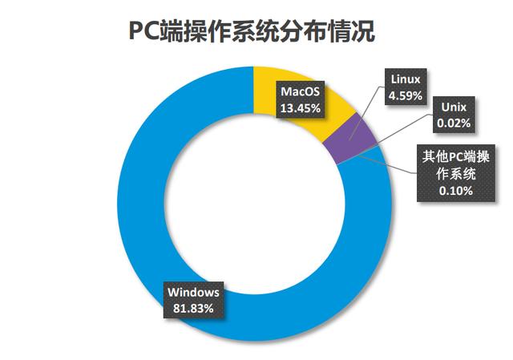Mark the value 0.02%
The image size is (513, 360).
coord(454,123)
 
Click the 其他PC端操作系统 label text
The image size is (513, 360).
coord(455,165)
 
